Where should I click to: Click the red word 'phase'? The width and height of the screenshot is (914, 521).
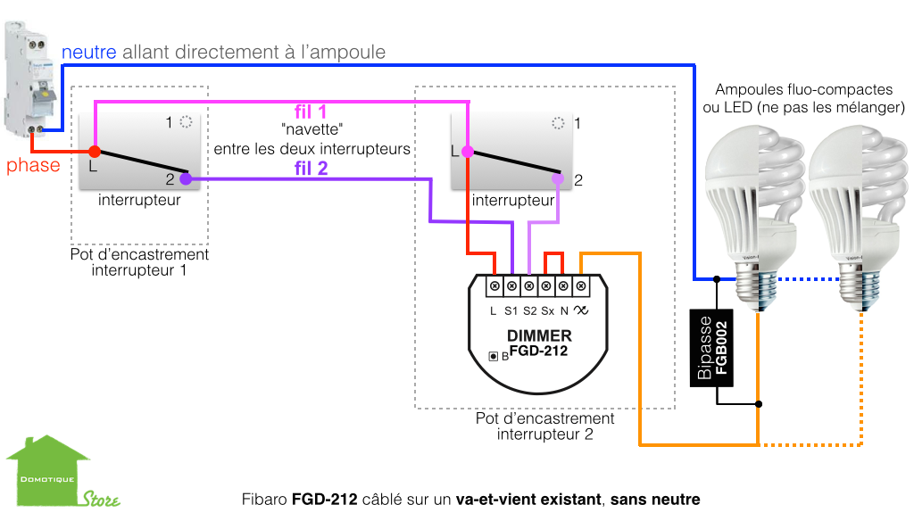[34, 166]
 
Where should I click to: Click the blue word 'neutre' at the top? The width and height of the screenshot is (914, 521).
[89, 53]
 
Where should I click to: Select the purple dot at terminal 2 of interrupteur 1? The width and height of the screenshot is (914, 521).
[186, 179]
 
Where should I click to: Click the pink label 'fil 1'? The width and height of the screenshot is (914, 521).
[311, 112]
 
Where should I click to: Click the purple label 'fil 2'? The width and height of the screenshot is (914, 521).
[311, 167]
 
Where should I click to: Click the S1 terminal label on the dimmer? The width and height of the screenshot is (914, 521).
[511, 311]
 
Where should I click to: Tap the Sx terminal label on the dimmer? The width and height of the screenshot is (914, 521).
[547, 311]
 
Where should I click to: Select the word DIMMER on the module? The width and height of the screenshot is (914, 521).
[539, 336]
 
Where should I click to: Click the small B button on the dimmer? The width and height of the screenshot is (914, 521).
[493, 357]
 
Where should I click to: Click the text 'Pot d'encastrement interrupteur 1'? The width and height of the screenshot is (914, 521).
[139, 261]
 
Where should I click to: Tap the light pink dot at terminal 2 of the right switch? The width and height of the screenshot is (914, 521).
[557, 179]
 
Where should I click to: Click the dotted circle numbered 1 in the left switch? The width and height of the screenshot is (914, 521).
[186, 121]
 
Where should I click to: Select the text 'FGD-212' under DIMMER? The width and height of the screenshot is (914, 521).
[538, 351]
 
